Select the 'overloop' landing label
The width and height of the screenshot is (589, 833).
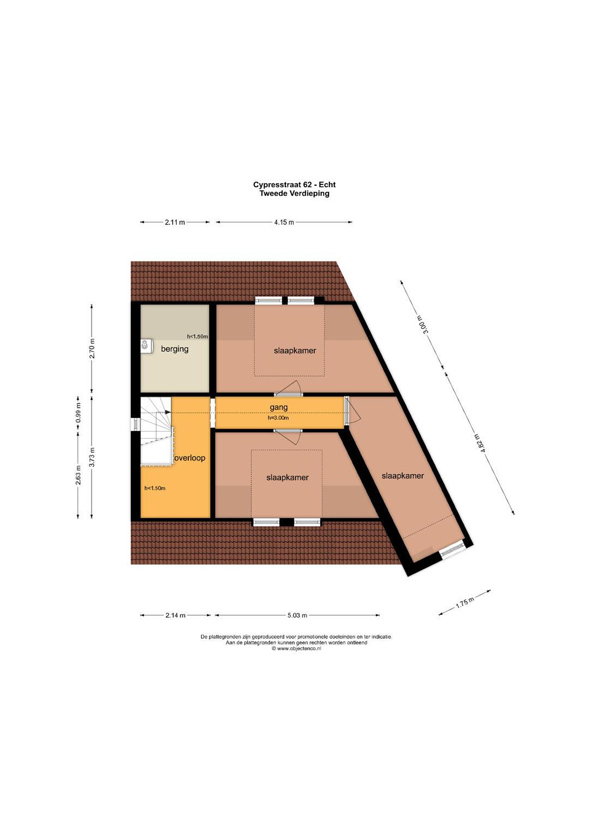tap(190, 458)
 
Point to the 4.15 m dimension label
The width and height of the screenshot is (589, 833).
tap(284, 222)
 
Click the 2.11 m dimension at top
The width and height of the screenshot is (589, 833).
tap(175, 222)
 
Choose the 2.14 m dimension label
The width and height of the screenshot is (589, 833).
tap(175, 615)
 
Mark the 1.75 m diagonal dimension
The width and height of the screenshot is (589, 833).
tap(465, 602)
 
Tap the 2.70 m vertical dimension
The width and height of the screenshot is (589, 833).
tap(93, 348)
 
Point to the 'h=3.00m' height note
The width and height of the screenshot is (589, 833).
tap(278, 418)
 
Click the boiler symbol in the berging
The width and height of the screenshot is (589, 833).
tap(146, 346)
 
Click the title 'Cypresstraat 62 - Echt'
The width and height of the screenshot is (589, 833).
tap(294, 185)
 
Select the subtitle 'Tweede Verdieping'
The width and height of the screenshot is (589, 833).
tap(294, 193)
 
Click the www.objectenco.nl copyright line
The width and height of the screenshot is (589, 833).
tap(297, 649)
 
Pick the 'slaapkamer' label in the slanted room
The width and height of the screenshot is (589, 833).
tap(402, 476)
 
